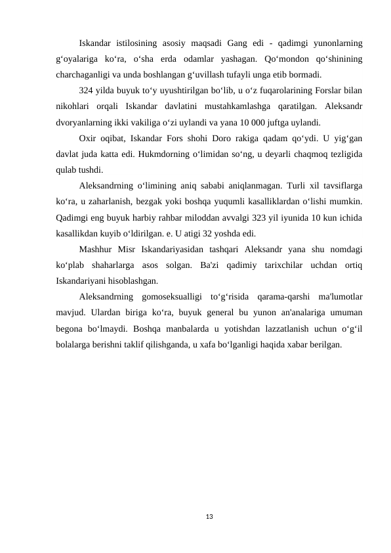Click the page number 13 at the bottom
point(209,517)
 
